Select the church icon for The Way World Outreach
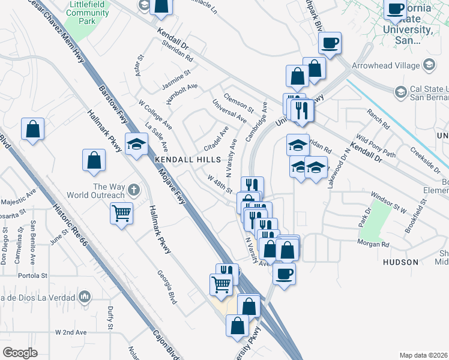pos(133,190)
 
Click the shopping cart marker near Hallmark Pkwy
pos(122,212)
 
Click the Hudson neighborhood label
pos(400,262)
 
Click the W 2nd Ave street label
pos(71,332)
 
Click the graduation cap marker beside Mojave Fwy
pos(137,144)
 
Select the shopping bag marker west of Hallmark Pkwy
pos(94,160)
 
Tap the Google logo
pos(20,353)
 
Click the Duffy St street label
pos(110,319)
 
